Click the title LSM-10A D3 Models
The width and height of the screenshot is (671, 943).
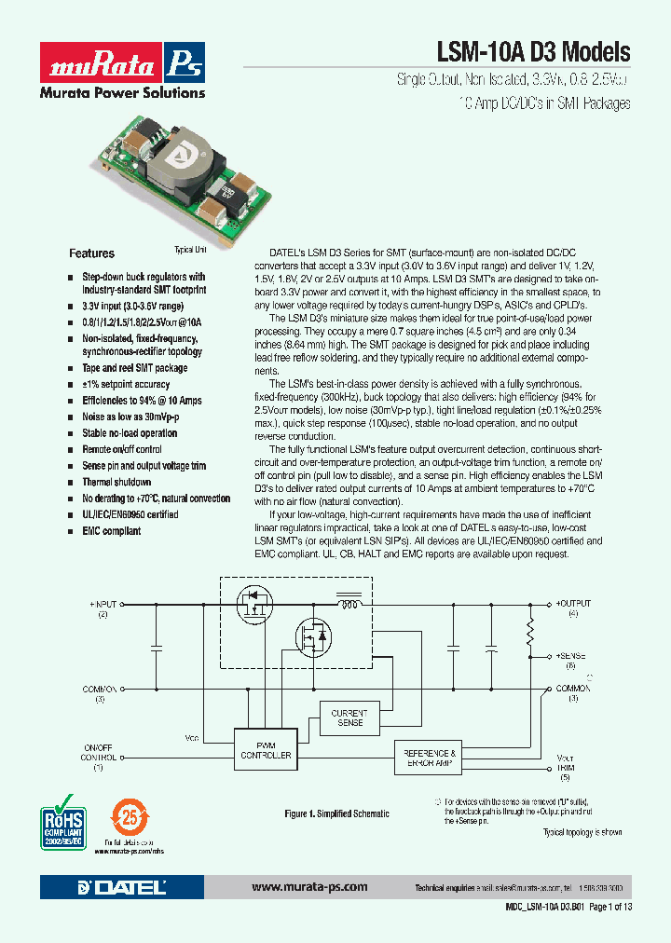click(533, 52)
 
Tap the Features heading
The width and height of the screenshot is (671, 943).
click(92, 253)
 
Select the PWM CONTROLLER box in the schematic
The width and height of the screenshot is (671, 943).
click(266, 749)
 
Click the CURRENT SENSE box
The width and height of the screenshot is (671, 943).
click(349, 717)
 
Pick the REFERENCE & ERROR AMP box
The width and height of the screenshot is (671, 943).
click(429, 758)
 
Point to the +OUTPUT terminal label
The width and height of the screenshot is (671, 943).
click(573, 604)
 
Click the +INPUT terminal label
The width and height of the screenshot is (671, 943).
click(104, 604)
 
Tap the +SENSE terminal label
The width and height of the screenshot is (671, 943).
click(571, 656)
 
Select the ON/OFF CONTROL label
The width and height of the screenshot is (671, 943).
click(98, 752)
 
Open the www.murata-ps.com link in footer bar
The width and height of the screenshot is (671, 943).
click(309, 887)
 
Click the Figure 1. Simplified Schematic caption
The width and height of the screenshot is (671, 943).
click(336, 813)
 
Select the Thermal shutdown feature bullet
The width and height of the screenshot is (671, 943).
click(116, 482)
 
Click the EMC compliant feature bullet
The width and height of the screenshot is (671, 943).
click(112, 531)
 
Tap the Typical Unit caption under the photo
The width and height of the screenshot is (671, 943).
click(190, 250)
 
